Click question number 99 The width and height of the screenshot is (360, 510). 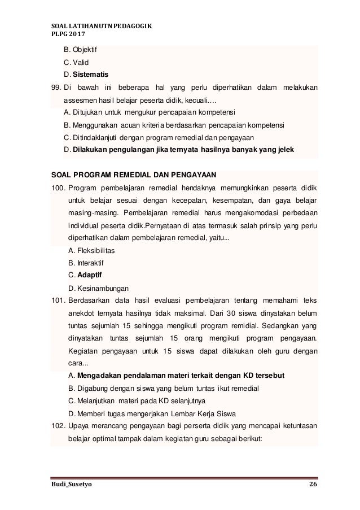pos(55,87)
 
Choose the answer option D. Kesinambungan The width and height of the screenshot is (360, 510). pos(98,287)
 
